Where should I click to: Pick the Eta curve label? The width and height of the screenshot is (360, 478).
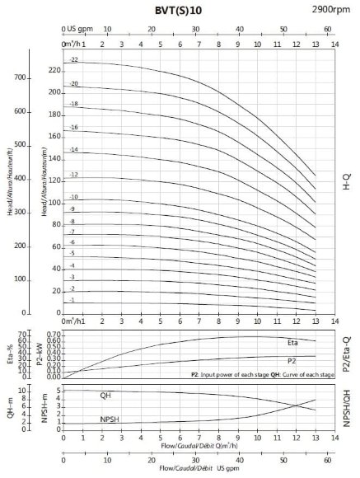[292, 340]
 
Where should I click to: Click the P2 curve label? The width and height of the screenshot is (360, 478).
[292, 361]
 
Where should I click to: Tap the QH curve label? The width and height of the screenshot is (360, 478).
[105, 396]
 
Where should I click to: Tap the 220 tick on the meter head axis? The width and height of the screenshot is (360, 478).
[55, 70]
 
